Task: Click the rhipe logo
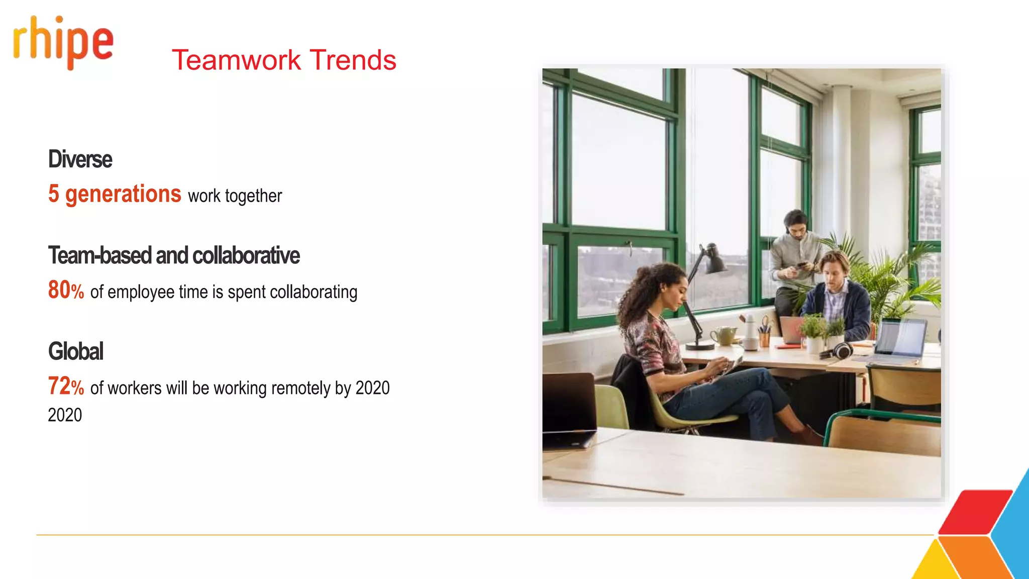point(63,43)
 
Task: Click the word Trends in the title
point(353,60)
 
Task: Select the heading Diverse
point(80,160)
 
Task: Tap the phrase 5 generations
point(115,194)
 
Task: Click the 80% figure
point(66,291)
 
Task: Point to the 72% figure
point(66,387)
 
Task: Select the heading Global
point(76,351)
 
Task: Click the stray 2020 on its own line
point(65,415)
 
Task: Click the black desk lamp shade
point(713,259)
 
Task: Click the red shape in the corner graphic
point(975,512)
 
